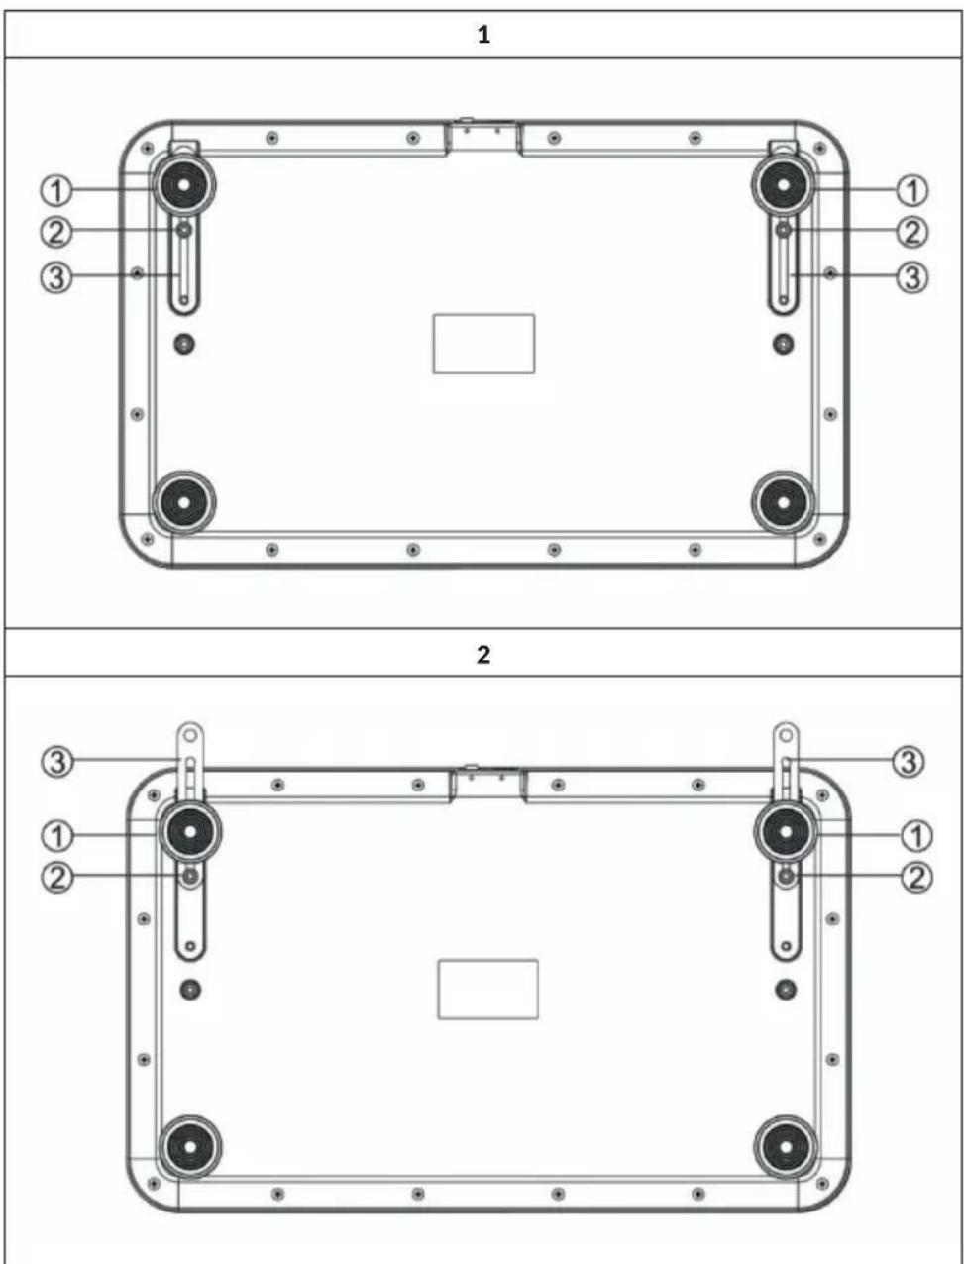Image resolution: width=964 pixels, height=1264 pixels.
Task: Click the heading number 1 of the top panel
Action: pyautogui.click(x=483, y=35)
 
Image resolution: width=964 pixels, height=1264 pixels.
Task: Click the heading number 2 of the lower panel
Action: pyautogui.click(x=483, y=655)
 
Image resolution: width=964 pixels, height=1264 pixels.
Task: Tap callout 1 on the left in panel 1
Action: pyautogui.click(x=56, y=190)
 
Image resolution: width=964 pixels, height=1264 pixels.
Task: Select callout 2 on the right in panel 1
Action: pyautogui.click(x=912, y=232)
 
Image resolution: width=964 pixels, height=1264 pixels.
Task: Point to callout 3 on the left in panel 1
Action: pyautogui.click(x=56, y=277)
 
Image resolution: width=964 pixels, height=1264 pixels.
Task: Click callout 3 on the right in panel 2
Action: pyautogui.click(x=909, y=762)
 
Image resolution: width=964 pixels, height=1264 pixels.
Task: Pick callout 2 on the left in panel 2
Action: pyautogui.click(x=57, y=879)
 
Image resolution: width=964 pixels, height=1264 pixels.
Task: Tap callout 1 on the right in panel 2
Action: pyautogui.click(x=916, y=835)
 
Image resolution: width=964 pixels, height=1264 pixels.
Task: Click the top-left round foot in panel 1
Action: pyautogui.click(x=183, y=185)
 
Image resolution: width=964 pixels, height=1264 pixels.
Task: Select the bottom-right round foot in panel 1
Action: pyautogui.click(x=783, y=502)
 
